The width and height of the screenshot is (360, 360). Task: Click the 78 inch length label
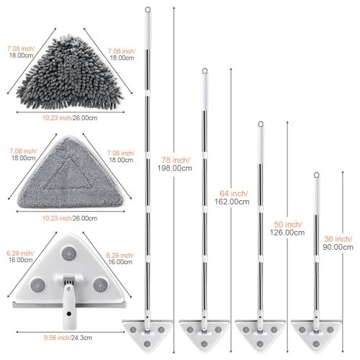click(x=176, y=160)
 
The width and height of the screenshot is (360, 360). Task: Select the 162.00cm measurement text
click(x=232, y=202)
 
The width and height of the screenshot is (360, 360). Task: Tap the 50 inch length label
click(x=288, y=225)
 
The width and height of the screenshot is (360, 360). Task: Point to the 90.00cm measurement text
click(x=338, y=247)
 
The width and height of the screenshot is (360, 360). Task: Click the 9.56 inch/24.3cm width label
click(x=68, y=338)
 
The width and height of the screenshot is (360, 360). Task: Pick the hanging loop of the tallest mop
click(x=148, y=10)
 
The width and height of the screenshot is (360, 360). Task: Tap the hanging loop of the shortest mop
click(x=317, y=175)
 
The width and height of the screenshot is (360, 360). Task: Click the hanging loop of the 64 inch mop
click(x=204, y=71)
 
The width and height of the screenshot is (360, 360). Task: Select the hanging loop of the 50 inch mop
click(x=261, y=125)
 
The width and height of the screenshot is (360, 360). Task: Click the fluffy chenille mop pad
click(x=70, y=74)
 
